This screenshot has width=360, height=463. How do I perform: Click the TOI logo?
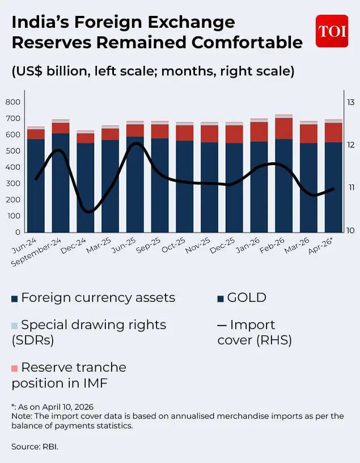click(332, 31)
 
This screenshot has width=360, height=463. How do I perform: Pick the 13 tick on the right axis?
click(351, 102)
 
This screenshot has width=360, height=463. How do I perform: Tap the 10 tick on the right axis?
click(351, 230)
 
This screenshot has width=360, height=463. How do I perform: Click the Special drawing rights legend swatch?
click(15, 326)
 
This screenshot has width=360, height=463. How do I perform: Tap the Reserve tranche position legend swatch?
click(15, 368)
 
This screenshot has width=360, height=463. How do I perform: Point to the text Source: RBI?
click(35, 447)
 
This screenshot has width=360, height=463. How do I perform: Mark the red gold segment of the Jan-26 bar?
click(259, 132)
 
